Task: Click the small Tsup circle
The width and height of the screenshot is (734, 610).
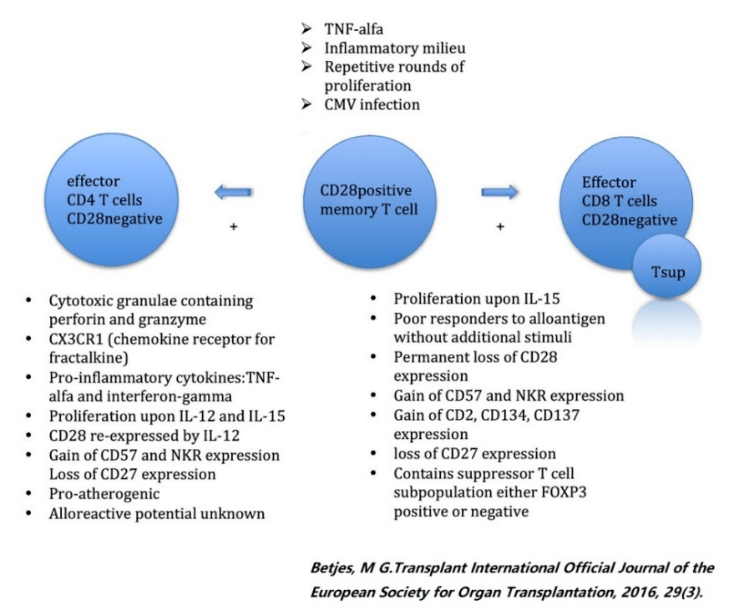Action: pyautogui.click(x=666, y=265)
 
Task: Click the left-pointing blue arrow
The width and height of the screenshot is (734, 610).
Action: pyautogui.click(x=234, y=192)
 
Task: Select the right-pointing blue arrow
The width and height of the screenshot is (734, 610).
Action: pyautogui.click(x=499, y=192)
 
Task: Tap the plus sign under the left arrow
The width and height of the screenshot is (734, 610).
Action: pyautogui.click(x=234, y=227)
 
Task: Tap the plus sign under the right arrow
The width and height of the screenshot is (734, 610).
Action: pyautogui.click(x=500, y=227)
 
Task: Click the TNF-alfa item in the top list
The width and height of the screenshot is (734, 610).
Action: pyautogui.click(x=353, y=29)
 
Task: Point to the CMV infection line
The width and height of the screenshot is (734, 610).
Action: pyautogui.click(x=372, y=104)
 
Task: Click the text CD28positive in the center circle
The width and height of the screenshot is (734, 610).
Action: pyautogui.click(x=366, y=190)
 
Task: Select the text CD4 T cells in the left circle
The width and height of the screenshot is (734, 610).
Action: pyautogui.click(x=104, y=199)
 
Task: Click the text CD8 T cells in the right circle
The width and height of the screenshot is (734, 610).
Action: pyautogui.click(x=620, y=200)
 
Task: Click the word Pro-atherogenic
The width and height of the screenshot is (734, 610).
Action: pyautogui.click(x=104, y=493)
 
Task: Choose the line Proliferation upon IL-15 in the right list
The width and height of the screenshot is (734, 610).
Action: pyautogui.click(x=477, y=299)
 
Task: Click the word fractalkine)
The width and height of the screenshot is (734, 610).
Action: pyautogui.click(x=89, y=358)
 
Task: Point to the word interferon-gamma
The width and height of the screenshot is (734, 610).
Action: pyautogui.click(x=170, y=396)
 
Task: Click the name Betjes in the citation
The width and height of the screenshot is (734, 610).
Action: pyautogui.click(x=333, y=568)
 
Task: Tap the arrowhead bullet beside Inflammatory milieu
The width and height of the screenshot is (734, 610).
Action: pyautogui.click(x=306, y=48)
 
